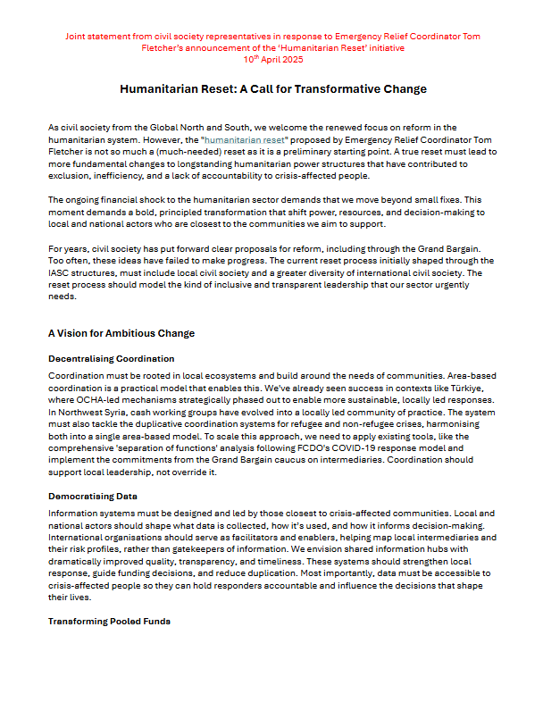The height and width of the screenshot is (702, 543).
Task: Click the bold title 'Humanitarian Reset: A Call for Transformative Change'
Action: point(273,89)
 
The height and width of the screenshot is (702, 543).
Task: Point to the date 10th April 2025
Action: point(272,59)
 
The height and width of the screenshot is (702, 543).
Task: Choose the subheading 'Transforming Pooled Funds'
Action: point(109,621)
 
